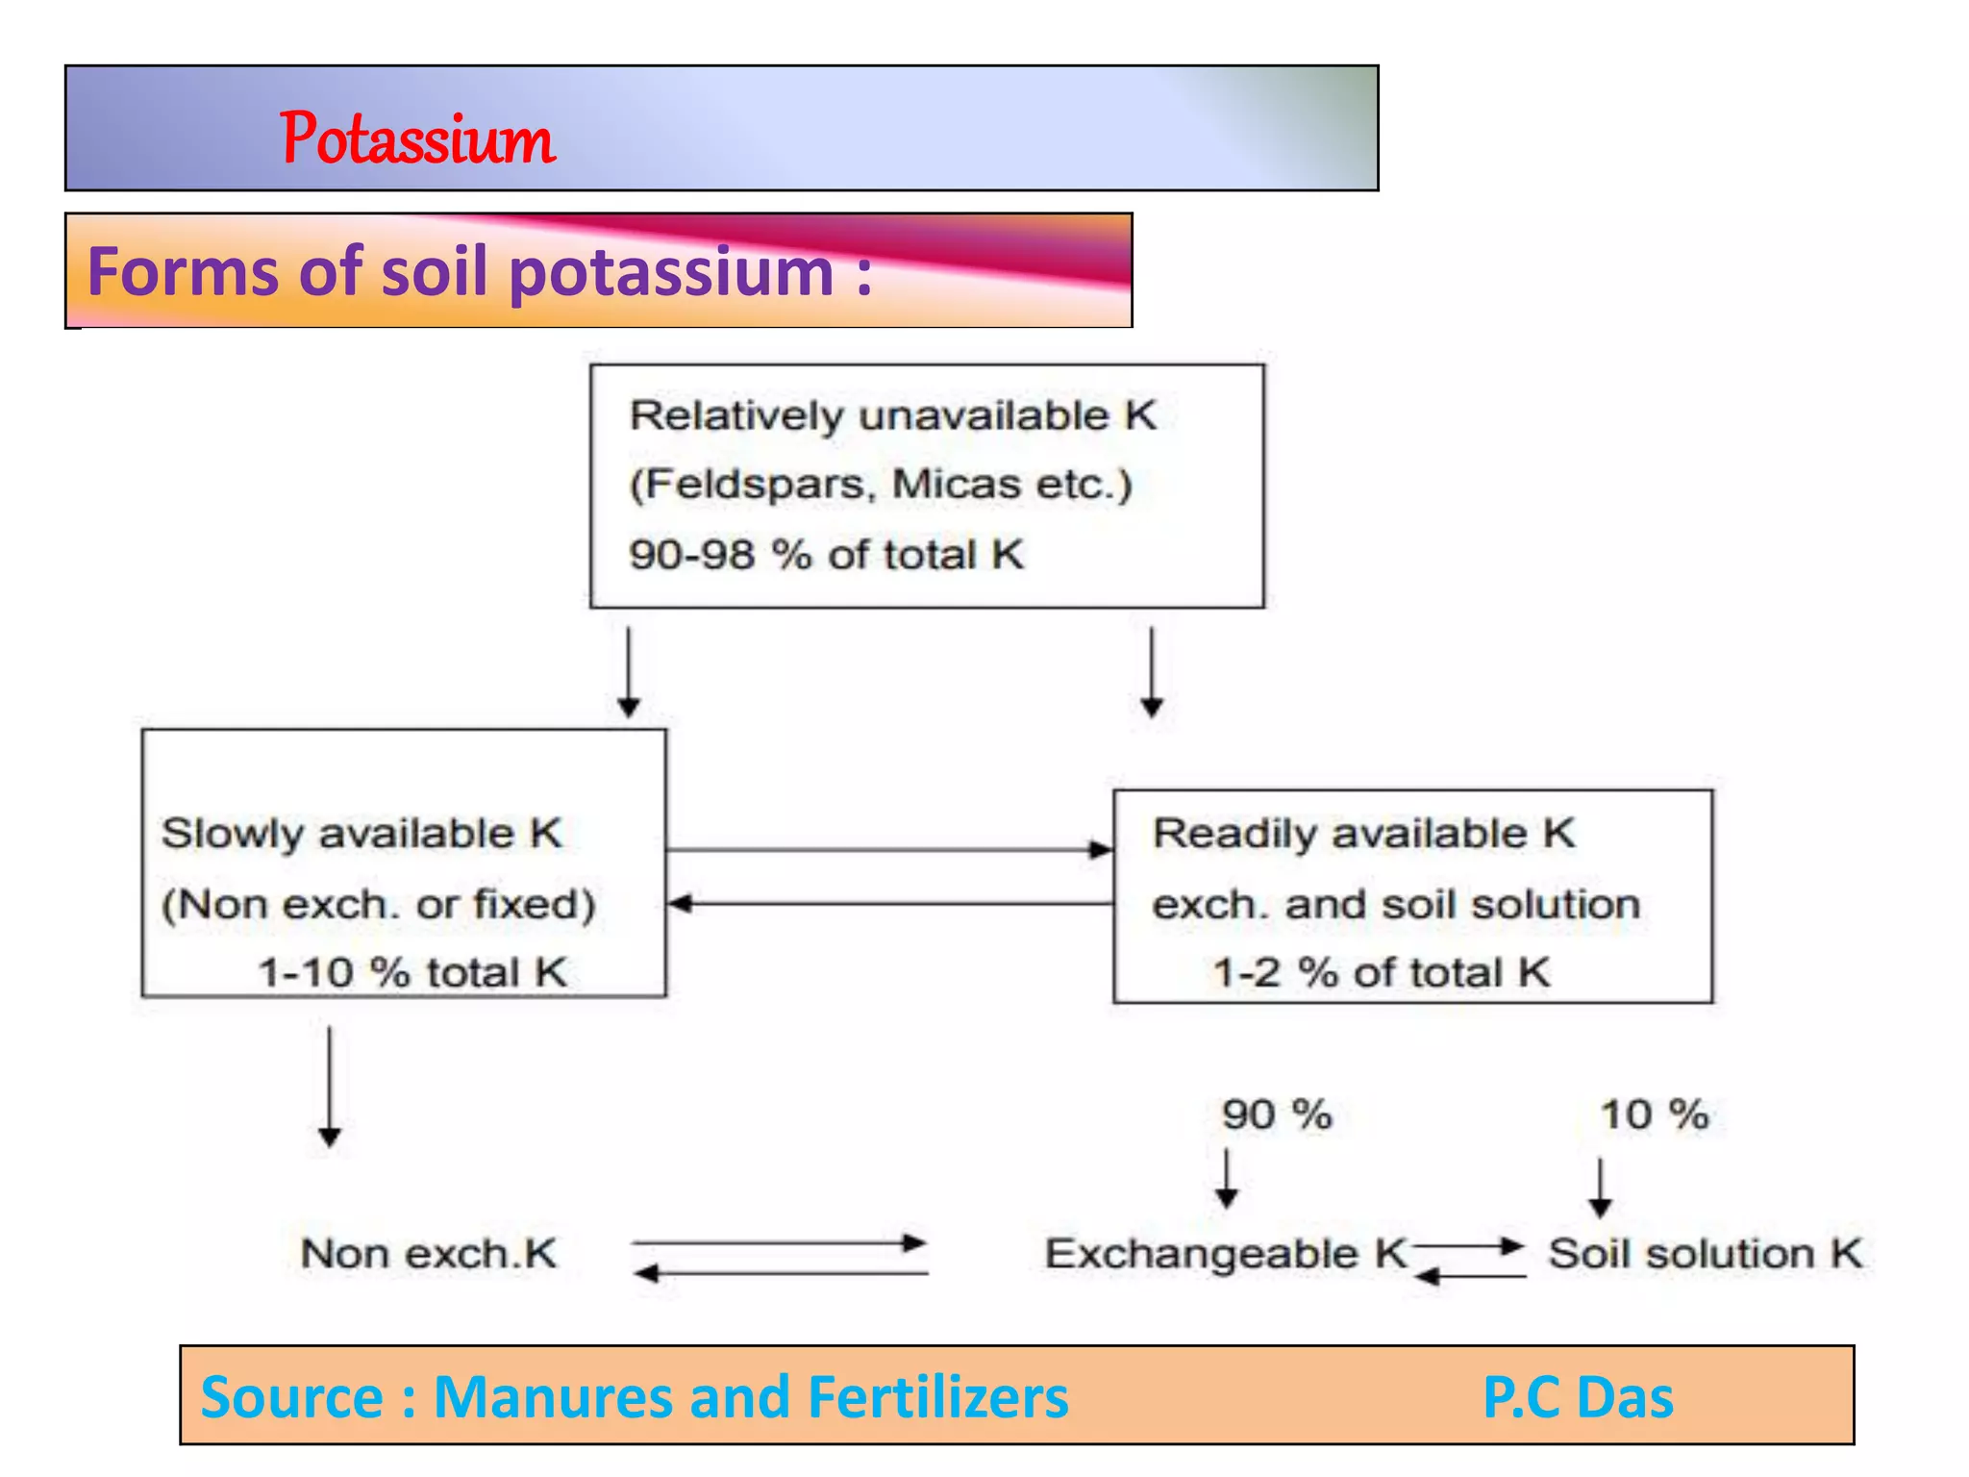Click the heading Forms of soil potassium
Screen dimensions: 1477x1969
point(479,272)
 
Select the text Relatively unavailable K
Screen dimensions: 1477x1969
point(893,416)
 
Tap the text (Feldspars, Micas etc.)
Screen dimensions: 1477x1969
point(881,484)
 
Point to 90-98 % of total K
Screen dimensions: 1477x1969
point(826,555)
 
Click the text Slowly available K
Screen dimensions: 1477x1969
point(361,834)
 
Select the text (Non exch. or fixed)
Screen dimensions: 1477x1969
point(379,905)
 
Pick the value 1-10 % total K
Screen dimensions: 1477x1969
point(412,972)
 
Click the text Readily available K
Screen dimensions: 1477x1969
point(1363,834)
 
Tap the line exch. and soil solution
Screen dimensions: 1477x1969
point(1396,905)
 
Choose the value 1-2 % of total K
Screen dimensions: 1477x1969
point(1381,972)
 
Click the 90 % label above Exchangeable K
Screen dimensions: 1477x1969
point(1277,1115)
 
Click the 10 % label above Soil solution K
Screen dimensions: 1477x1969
point(1654,1115)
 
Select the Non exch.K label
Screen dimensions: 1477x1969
point(429,1254)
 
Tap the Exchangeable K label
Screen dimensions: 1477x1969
point(1226,1254)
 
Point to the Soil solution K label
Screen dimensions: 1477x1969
point(1705,1254)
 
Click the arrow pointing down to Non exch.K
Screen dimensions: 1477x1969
point(330,1087)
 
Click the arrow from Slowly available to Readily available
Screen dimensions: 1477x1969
point(889,850)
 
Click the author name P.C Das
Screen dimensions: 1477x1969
point(1578,1397)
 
